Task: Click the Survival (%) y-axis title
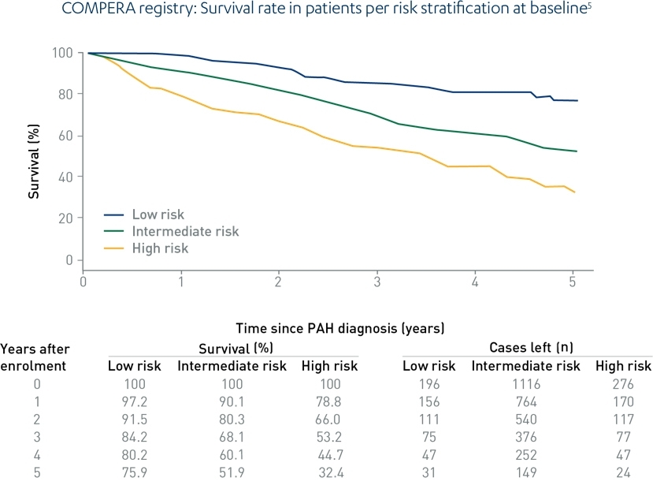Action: tap(35, 156)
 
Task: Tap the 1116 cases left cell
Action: tap(525, 385)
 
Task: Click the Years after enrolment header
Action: tap(34, 356)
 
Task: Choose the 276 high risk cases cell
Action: tap(623, 385)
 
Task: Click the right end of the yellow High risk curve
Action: tap(575, 192)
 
